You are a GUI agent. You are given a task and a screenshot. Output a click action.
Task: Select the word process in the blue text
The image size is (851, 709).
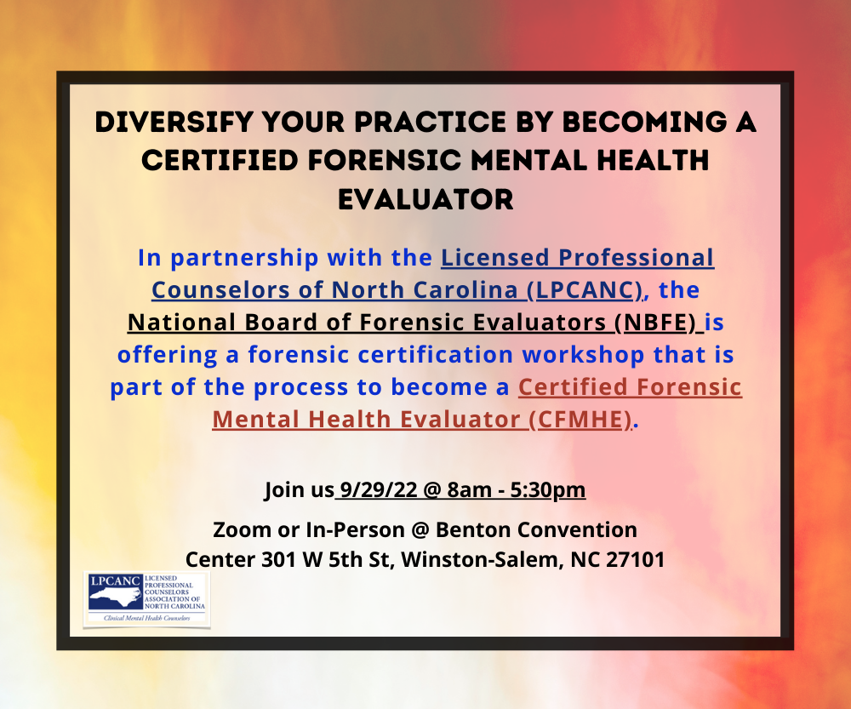(x=304, y=387)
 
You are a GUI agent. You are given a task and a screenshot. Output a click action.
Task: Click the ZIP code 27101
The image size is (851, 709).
(x=634, y=560)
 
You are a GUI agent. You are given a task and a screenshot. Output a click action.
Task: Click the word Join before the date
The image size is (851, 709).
(x=283, y=490)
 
